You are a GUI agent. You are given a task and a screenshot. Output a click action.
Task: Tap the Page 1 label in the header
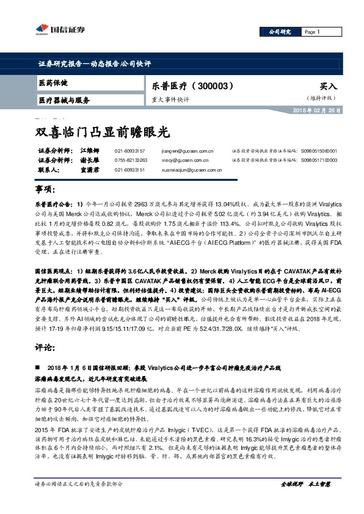click(311, 32)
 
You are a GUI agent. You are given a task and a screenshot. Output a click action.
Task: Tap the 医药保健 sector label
click(53, 82)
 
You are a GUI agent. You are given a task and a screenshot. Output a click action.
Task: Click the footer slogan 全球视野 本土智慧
click(305, 484)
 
